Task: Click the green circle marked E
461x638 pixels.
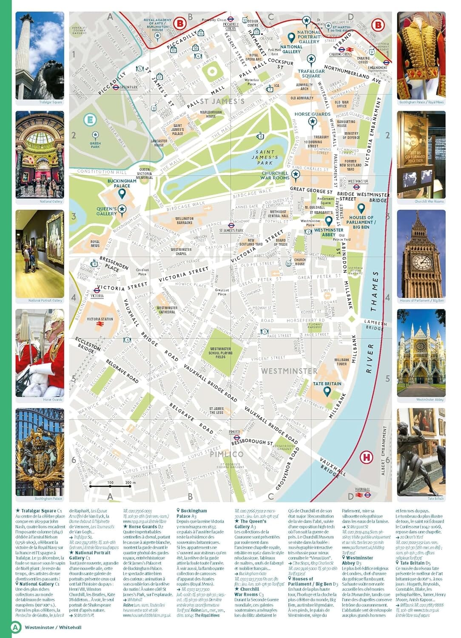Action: click(x=90, y=120)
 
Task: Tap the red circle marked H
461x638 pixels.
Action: click(x=366, y=458)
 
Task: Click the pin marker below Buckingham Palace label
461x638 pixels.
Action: click(x=122, y=194)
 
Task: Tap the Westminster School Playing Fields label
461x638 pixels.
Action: click(x=220, y=353)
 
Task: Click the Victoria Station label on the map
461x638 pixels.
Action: click(x=100, y=319)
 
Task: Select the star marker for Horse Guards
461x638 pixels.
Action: click(x=313, y=122)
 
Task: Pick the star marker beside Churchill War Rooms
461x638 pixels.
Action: click(x=296, y=174)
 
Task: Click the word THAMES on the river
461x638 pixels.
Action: click(x=374, y=291)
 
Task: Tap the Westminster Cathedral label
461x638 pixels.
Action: click(x=167, y=310)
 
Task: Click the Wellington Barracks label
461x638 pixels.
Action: click(x=184, y=220)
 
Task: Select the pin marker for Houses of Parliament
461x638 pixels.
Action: click(x=361, y=208)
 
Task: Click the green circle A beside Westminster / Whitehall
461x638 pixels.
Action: click(x=16, y=627)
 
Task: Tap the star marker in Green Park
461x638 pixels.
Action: click(x=95, y=136)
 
